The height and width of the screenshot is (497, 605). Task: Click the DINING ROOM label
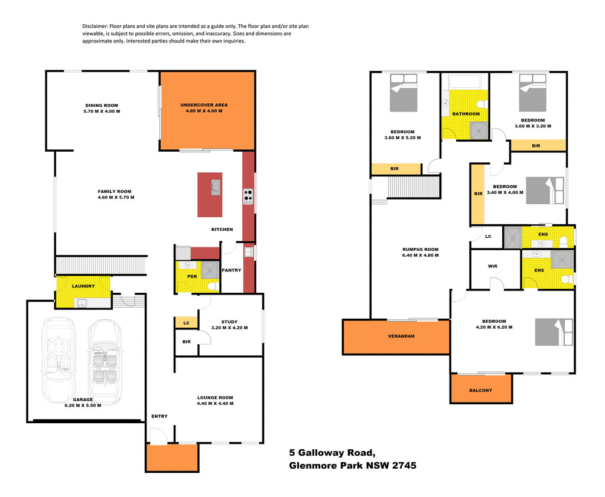coord(102,106)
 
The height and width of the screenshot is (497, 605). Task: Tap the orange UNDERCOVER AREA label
coord(204,106)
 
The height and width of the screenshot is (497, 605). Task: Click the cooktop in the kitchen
coord(248,196)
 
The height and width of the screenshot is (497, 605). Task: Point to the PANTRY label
coord(230,270)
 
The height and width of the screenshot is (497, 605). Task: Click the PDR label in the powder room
coord(192,276)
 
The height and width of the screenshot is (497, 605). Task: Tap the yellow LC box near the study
coord(186,323)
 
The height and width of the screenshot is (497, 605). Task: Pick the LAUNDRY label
coord(83,286)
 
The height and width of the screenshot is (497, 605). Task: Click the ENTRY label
coord(159,416)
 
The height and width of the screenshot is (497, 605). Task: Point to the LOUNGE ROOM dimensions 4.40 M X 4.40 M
coord(215,404)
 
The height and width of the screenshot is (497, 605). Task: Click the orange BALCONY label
coord(480,390)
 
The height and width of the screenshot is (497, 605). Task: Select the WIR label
coord(493,266)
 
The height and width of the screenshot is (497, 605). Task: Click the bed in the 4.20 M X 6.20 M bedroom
coord(554,332)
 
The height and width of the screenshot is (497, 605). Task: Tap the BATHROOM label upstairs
coord(466,114)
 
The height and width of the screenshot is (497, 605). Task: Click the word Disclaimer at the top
coord(95,27)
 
